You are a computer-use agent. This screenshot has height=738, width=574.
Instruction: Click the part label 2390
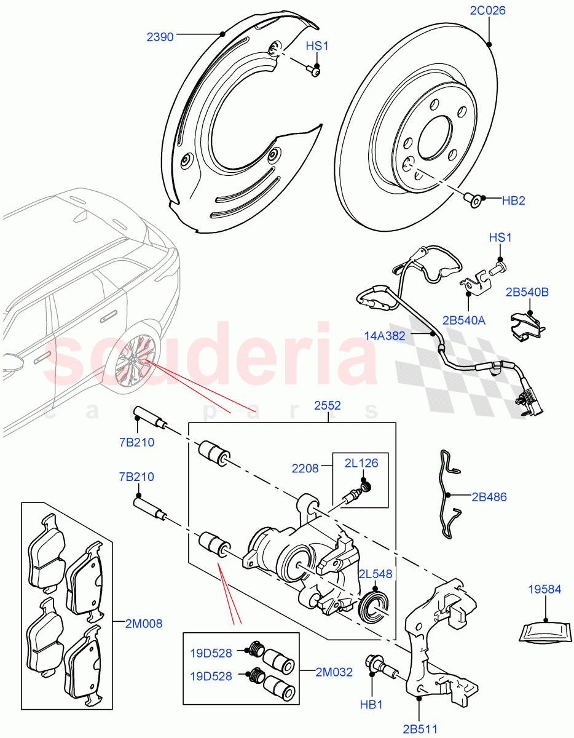click(160, 37)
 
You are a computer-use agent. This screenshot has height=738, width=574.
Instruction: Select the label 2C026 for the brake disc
click(488, 10)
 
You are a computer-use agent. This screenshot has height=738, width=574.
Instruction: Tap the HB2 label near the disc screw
click(513, 200)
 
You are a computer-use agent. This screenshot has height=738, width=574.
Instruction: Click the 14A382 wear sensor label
click(385, 336)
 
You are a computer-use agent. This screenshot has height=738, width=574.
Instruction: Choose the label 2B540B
click(527, 292)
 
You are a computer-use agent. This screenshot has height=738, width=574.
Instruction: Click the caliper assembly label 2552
click(327, 406)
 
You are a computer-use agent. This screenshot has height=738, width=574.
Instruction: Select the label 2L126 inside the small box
click(361, 463)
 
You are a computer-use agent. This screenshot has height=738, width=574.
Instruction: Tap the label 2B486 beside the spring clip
click(489, 497)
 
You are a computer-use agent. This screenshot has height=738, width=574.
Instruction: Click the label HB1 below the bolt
click(371, 705)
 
